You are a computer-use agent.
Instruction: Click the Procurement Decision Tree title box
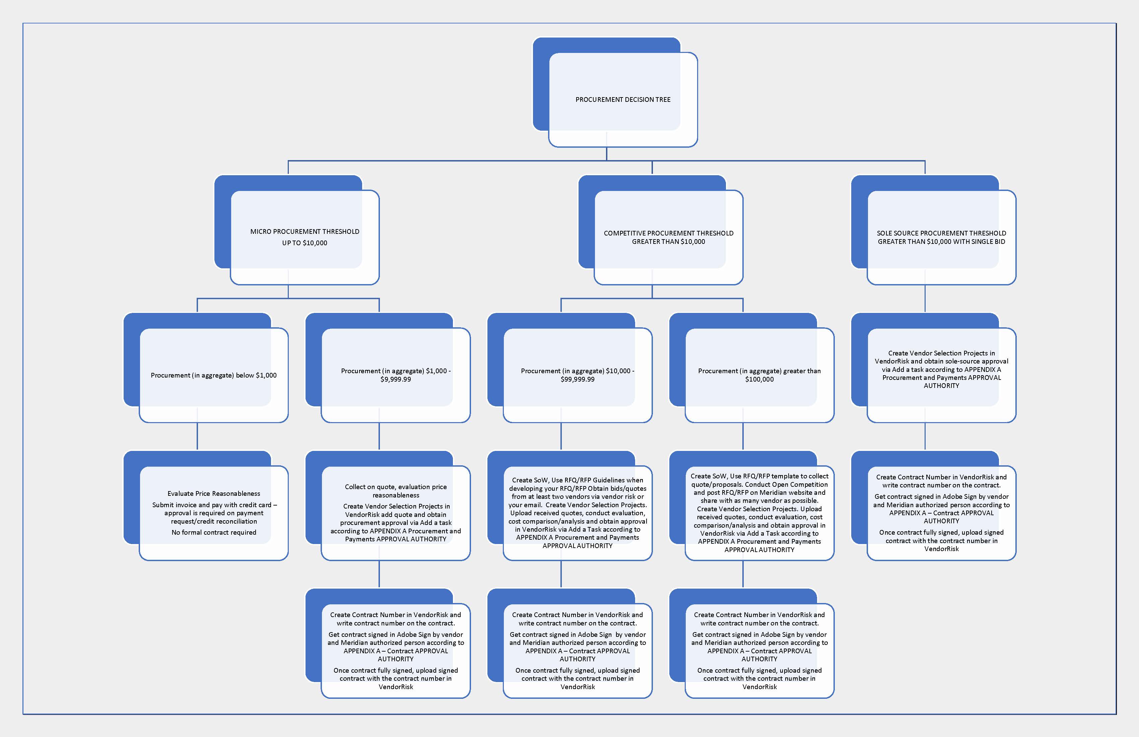[x=623, y=99]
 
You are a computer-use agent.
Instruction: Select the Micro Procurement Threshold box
[x=305, y=237]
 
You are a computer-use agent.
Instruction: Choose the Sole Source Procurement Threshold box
[x=941, y=237]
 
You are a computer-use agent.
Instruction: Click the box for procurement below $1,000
[x=213, y=375]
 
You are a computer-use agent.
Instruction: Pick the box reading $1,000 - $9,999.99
[x=395, y=375]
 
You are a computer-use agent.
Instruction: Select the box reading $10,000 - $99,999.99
[x=577, y=375]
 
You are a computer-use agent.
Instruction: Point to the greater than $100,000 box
[x=759, y=375]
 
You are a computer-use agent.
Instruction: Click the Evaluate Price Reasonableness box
[x=213, y=513]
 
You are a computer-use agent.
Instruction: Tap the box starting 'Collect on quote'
[x=395, y=513]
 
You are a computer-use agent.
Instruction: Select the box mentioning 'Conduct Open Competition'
[x=759, y=513]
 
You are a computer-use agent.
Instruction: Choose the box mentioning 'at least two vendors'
[x=577, y=513]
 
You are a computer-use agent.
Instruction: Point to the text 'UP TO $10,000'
[x=305, y=243]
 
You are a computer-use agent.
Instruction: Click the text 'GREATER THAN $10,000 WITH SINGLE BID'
[x=941, y=242]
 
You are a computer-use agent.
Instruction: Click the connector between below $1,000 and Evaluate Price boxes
[x=197, y=437]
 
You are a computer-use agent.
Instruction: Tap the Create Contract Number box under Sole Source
[x=941, y=513]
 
